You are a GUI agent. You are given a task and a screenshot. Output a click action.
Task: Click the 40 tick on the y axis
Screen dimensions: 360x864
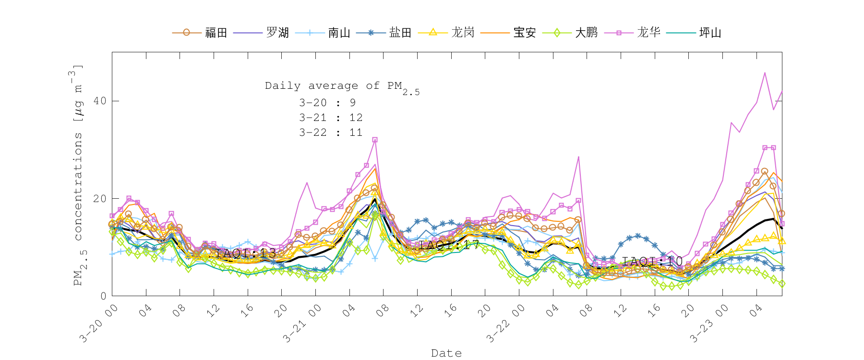coord(100,101)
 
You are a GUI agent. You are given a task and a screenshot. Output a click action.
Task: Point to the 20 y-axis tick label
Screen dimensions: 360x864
coord(100,199)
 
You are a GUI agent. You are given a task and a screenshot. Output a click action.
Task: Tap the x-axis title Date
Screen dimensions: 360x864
coord(446,353)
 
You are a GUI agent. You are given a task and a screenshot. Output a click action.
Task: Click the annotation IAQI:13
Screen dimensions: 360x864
coord(246,253)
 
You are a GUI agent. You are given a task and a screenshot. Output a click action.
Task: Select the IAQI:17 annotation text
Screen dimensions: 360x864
coord(449,245)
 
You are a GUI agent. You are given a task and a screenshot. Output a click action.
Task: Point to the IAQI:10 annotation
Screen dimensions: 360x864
coord(652,262)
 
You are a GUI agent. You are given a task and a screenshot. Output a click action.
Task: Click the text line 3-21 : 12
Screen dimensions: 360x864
coord(331,118)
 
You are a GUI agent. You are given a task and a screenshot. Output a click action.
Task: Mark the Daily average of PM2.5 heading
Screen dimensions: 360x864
coord(342,87)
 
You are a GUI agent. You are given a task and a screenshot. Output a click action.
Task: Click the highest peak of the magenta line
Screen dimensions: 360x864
coord(765,73)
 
